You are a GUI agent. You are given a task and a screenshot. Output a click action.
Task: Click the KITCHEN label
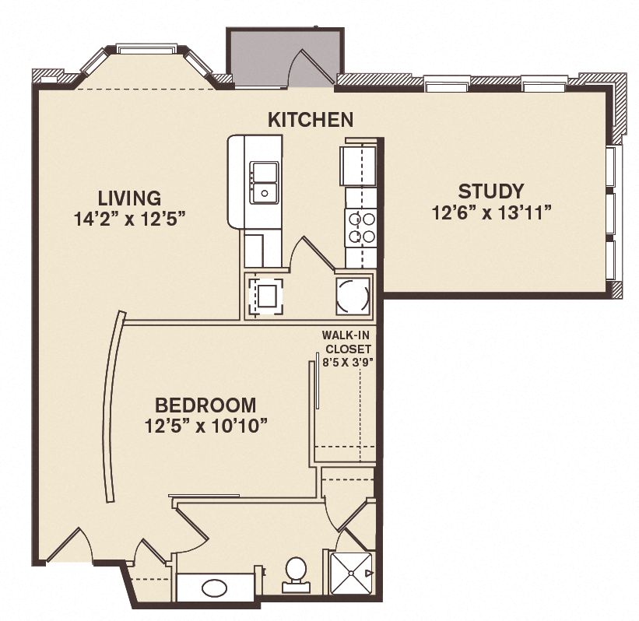pyautogui.click(x=311, y=120)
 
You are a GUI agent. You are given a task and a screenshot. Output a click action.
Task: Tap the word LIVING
pyautogui.click(x=129, y=198)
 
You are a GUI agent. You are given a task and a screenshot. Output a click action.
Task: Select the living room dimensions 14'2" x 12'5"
pyautogui.click(x=132, y=219)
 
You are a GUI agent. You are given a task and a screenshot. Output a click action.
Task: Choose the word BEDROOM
pyautogui.click(x=205, y=405)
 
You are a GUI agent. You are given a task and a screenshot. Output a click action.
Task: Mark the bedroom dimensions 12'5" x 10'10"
pyautogui.click(x=206, y=426)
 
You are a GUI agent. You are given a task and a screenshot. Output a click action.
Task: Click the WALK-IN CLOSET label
pyautogui.click(x=347, y=342)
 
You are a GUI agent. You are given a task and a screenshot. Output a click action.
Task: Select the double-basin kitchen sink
pyautogui.click(x=265, y=182)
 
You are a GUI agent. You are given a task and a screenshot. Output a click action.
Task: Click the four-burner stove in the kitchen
pyautogui.click(x=361, y=228)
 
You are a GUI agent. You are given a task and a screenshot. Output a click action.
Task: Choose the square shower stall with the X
pyautogui.click(x=352, y=574)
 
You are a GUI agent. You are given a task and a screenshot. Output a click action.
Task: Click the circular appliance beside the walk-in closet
pyautogui.click(x=354, y=294)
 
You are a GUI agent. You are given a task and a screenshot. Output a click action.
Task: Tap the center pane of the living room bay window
pyautogui.click(x=146, y=48)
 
